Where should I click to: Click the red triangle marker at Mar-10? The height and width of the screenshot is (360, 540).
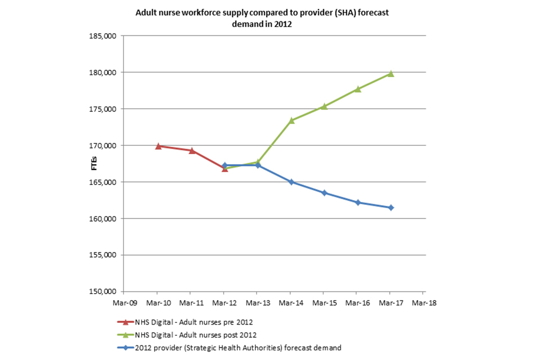(158, 146)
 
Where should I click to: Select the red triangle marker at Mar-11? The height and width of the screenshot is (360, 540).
(191, 151)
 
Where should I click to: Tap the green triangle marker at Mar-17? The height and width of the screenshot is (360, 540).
(391, 74)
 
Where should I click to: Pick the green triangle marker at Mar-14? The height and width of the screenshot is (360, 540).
(291, 120)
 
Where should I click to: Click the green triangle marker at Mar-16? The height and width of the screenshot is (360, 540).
(358, 89)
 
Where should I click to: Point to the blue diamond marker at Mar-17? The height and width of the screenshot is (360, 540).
(391, 208)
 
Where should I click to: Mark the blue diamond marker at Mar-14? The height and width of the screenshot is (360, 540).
(291, 182)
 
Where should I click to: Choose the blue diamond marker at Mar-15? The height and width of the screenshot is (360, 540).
(325, 193)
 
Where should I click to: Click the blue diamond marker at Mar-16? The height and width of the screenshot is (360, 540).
(358, 202)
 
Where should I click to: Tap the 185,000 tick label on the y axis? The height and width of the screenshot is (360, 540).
(103, 36)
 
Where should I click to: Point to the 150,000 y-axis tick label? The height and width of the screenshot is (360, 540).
(103, 291)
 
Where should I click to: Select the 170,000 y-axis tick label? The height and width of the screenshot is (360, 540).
(103, 146)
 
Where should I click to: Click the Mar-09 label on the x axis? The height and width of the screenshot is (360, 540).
(124, 301)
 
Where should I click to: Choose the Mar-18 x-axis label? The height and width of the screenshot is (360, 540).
(424, 301)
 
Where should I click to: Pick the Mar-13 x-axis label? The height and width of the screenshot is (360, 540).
(258, 301)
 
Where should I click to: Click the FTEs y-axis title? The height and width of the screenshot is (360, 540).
(94, 164)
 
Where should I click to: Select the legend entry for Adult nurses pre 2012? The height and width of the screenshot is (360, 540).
(194, 322)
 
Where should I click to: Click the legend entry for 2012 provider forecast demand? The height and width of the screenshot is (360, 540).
(237, 348)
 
